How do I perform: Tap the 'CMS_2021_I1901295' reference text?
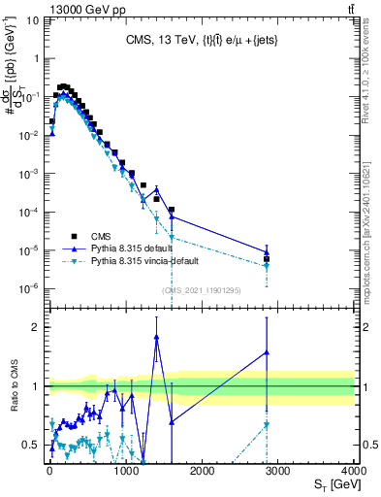[201, 289]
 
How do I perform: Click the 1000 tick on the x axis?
[124, 470]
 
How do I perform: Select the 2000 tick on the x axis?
[201, 470]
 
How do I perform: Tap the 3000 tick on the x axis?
[277, 470]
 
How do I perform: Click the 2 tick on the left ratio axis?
[37, 327]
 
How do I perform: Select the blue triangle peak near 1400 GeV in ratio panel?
[156, 337]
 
